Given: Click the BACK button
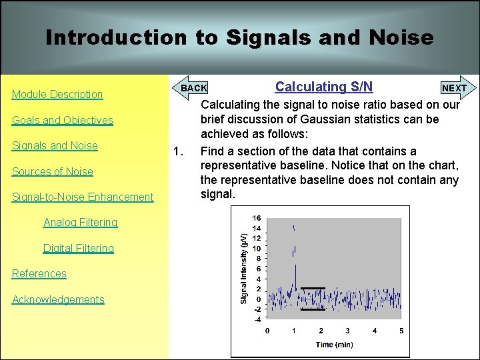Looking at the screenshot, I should coord(193,88).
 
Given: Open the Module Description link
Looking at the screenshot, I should coord(57,95).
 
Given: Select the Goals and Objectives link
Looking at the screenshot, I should coord(63,121).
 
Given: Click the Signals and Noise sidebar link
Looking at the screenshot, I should coord(55,146).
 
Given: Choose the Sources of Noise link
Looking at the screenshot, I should coord(53,171).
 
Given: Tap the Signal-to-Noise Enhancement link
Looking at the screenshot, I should coord(83,197).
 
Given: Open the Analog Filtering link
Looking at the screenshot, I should coord(80,223).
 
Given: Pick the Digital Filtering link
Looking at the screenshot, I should coord(79,248).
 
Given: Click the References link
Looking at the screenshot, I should coord(39,274).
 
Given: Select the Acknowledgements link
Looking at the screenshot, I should coord(58,299).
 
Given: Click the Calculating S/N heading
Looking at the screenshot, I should coord(324,87).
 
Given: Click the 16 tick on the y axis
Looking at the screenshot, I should coord(257,218).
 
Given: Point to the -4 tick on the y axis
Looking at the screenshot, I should coord(257,319).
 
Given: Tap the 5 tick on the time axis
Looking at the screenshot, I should coord(401,331).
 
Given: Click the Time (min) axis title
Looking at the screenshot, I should coord(334,345).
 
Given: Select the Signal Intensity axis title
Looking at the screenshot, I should coord(244,268).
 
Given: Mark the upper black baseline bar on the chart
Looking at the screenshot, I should coord(313,288).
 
